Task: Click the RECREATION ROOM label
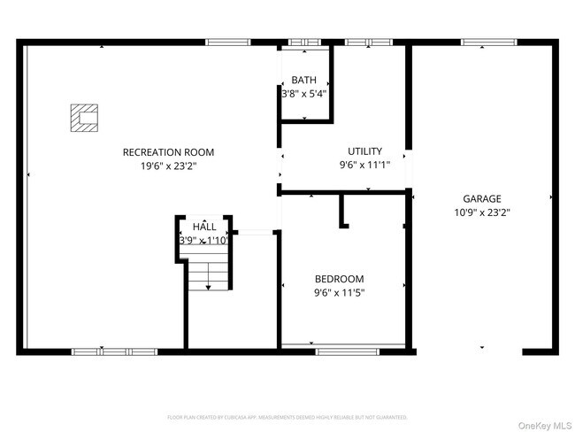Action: click(x=168, y=152)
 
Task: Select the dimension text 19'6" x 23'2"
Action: click(x=168, y=166)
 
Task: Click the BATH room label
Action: click(x=303, y=80)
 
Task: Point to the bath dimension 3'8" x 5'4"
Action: click(x=304, y=93)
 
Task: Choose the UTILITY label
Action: click(x=364, y=151)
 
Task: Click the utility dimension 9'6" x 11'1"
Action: click(x=364, y=165)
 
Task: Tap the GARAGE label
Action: click(x=482, y=198)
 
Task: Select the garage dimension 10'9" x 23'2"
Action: click(x=482, y=212)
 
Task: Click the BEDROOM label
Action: click(x=339, y=279)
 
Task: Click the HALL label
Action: click(x=204, y=227)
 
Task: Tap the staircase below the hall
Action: click(x=209, y=274)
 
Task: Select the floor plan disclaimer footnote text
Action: click(x=287, y=416)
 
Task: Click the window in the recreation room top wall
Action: click(x=221, y=42)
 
